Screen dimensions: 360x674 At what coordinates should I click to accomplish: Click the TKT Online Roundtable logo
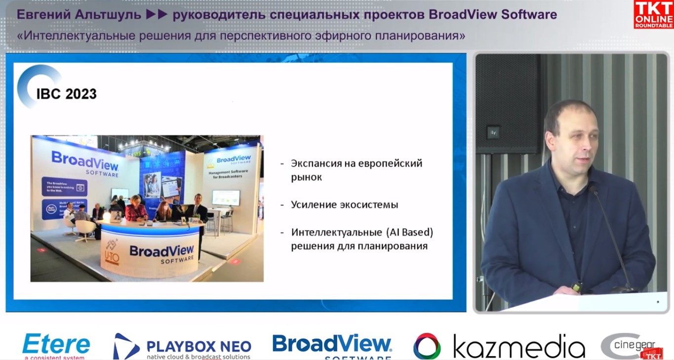653,14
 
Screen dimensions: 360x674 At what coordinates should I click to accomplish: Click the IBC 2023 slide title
66,94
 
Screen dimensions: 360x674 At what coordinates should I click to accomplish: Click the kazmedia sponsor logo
499,346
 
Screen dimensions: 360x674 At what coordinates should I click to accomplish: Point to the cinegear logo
634,346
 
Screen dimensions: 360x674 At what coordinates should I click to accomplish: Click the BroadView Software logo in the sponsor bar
332,346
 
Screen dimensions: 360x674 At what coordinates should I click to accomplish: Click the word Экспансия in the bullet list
319,163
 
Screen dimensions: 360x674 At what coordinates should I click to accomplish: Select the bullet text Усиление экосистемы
344,204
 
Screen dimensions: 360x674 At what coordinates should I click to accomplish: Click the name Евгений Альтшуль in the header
79,15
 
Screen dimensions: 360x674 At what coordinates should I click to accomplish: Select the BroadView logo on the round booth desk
161,252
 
